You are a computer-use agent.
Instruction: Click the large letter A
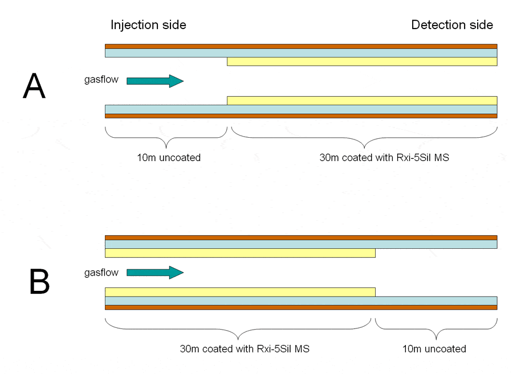(34, 88)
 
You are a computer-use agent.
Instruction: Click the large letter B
(39, 281)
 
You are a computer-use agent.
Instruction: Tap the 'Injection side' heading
(148, 25)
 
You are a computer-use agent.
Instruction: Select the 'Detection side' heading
(452, 25)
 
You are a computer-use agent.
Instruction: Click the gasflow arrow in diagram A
(154, 81)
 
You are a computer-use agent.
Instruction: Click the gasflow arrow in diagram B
(154, 273)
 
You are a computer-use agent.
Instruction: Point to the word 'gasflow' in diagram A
(101, 80)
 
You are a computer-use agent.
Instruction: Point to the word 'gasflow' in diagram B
(101, 273)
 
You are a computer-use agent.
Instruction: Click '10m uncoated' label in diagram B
(436, 348)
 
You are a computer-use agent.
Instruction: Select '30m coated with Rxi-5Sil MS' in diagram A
(384, 158)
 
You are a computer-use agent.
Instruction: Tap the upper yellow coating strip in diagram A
(362, 61)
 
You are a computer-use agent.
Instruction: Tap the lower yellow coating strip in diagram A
(362, 101)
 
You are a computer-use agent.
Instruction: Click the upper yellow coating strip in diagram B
(240, 253)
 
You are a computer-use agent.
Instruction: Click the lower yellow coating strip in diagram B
(240, 292)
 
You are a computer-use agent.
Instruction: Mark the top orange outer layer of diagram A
(301, 46)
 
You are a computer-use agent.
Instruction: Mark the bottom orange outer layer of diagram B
(301, 307)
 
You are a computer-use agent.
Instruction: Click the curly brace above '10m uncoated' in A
(166, 137)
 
